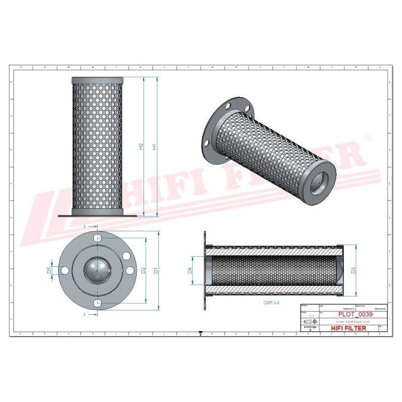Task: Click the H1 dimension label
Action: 155,147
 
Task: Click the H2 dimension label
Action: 142,147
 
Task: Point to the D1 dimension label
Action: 157,271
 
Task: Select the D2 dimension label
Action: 144,271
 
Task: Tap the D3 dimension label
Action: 353,271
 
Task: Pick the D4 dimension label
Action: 190,271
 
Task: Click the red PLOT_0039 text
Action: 356,315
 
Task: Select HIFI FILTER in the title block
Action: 349,328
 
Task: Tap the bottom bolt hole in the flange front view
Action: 98,303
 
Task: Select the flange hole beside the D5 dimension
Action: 65,271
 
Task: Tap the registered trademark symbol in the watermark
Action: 367,137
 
